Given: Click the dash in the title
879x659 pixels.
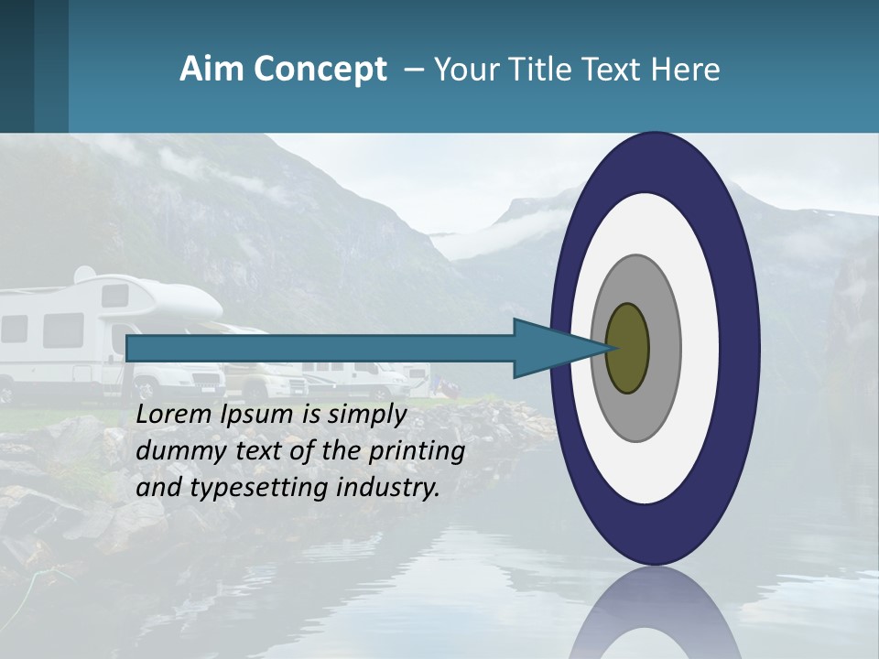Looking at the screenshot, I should (413, 70).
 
